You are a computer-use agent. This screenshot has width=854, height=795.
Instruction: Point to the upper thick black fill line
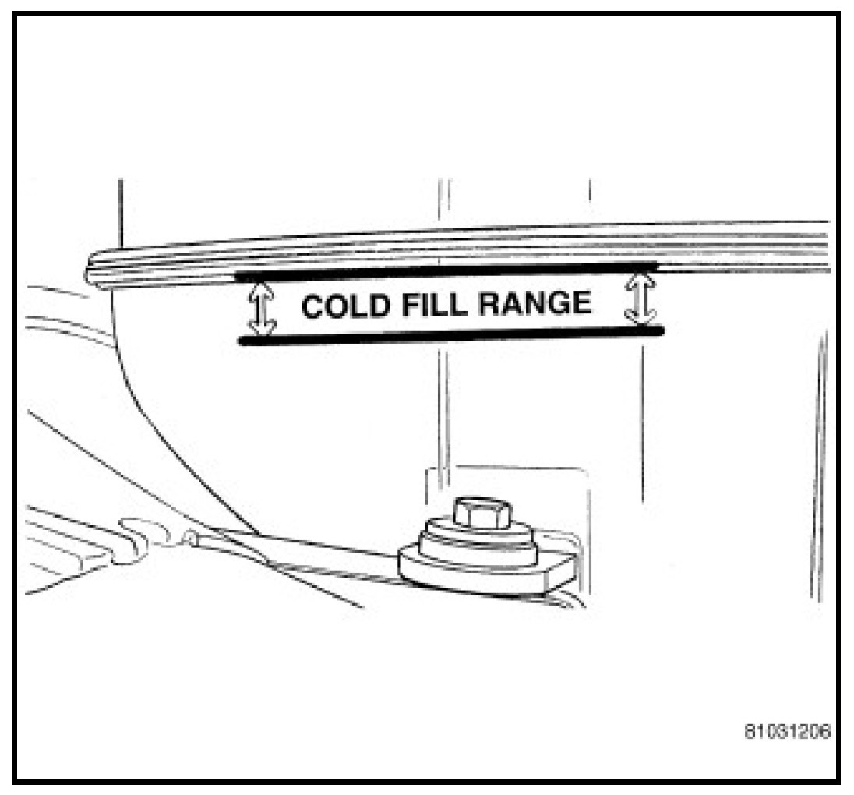pyautogui.click(x=448, y=271)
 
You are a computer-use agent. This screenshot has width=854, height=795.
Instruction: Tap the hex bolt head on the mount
pyautogui.click(x=480, y=513)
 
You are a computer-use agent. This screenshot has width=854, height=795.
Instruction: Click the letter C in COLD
pyautogui.click(x=314, y=307)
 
